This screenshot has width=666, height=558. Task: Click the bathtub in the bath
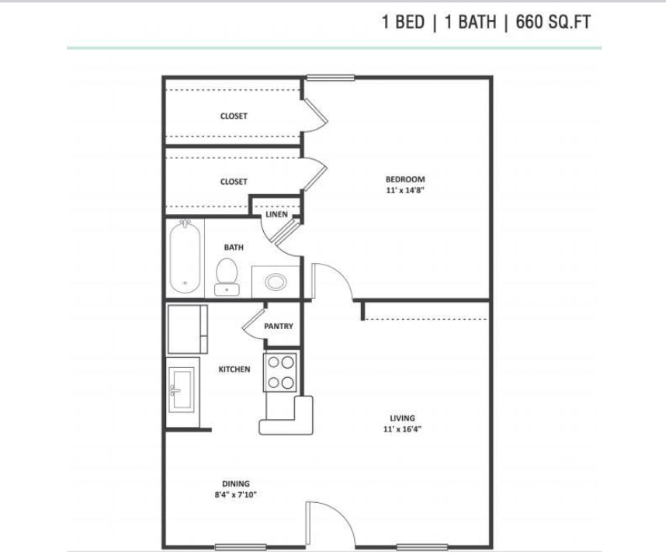click(185, 256)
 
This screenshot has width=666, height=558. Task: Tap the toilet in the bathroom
click(227, 276)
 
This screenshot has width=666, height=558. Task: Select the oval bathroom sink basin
click(276, 282)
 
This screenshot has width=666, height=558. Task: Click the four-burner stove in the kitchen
click(280, 372)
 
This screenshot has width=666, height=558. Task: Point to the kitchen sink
click(182, 390)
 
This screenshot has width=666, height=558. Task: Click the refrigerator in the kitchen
click(187, 329)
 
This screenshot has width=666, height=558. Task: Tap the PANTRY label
click(279, 326)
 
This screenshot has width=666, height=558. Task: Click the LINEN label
click(276, 214)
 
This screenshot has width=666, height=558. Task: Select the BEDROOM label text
click(405, 179)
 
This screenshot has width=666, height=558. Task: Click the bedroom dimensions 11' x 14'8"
click(405, 190)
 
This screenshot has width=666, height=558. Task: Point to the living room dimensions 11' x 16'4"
click(402, 429)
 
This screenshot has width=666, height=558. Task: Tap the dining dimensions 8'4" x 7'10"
click(236, 494)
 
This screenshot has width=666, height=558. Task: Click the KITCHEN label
click(234, 369)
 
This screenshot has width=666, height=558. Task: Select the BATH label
click(234, 247)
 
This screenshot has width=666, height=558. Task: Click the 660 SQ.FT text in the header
click(553, 22)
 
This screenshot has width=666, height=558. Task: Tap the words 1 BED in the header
click(403, 22)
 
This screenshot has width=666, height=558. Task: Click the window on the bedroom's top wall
click(331, 78)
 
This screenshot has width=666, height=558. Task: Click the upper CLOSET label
click(234, 116)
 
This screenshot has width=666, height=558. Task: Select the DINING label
click(236, 483)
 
